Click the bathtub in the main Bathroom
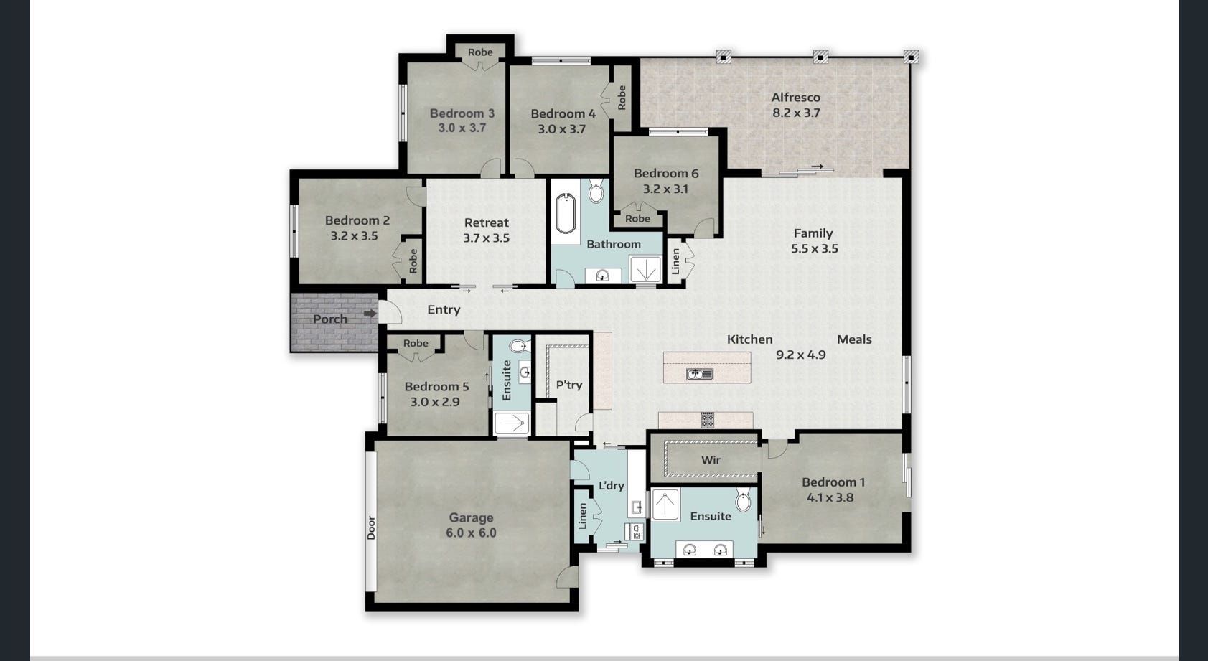point(566,213)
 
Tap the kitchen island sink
point(699,374)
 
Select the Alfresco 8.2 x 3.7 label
point(796,105)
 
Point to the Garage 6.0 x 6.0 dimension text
point(471,533)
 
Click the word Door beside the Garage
point(371,528)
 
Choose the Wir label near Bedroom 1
point(711,460)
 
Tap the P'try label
point(569,385)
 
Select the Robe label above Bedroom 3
point(480,52)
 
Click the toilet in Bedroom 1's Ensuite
point(743,500)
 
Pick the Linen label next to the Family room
point(675,261)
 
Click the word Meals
point(854,339)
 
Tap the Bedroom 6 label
point(665,173)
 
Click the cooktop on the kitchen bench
point(708,420)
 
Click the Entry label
point(444,309)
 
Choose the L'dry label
point(611,486)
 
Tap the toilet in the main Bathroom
point(596,192)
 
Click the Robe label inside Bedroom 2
point(413,261)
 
